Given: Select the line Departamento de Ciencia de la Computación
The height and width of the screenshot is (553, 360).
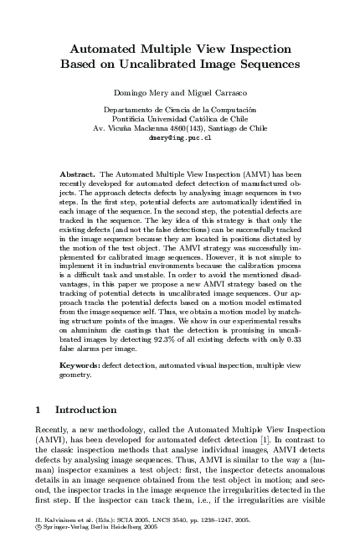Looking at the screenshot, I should (179, 111).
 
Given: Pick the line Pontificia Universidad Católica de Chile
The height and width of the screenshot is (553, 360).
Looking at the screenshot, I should (179, 119).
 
